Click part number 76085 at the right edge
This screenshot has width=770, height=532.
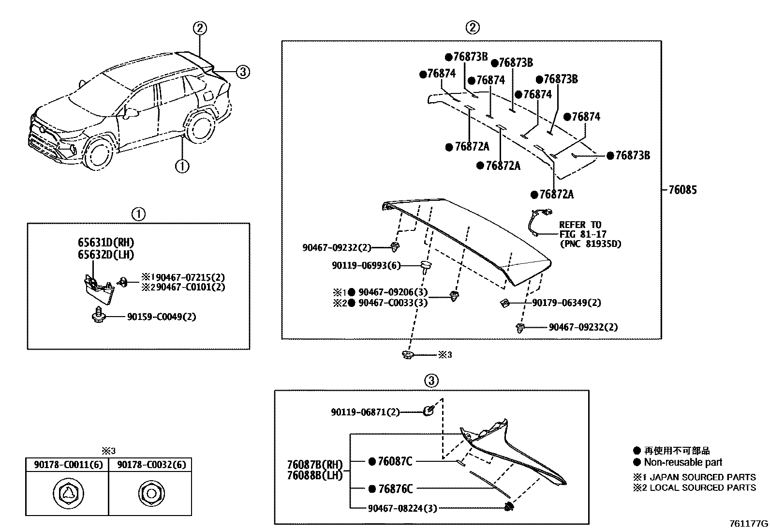[x=682, y=190]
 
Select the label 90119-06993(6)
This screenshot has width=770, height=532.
[x=366, y=265]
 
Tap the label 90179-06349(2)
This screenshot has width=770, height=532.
[x=566, y=303]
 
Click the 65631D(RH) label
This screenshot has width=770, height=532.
[x=106, y=243]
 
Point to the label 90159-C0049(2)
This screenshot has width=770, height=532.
[x=162, y=317]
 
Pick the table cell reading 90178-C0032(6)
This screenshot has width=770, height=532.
[x=150, y=465]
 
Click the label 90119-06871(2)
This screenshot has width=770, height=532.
[x=365, y=412]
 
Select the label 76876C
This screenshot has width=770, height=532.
[x=395, y=489]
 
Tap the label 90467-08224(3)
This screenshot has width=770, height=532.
[x=402, y=508]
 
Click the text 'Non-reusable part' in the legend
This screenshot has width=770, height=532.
[x=683, y=462]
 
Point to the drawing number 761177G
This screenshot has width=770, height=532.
[x=748, y=524]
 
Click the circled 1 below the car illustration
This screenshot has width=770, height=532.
[x=182, y=167]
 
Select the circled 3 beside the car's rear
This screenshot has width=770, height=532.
[x=242, y=72]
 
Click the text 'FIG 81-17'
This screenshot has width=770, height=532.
[x=582, y=234]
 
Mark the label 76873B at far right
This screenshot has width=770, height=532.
[x=632, y=155]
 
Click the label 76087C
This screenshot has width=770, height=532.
[x=395, y=461]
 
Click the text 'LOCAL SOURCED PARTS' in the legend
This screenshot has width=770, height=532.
[x=702, y=488]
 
